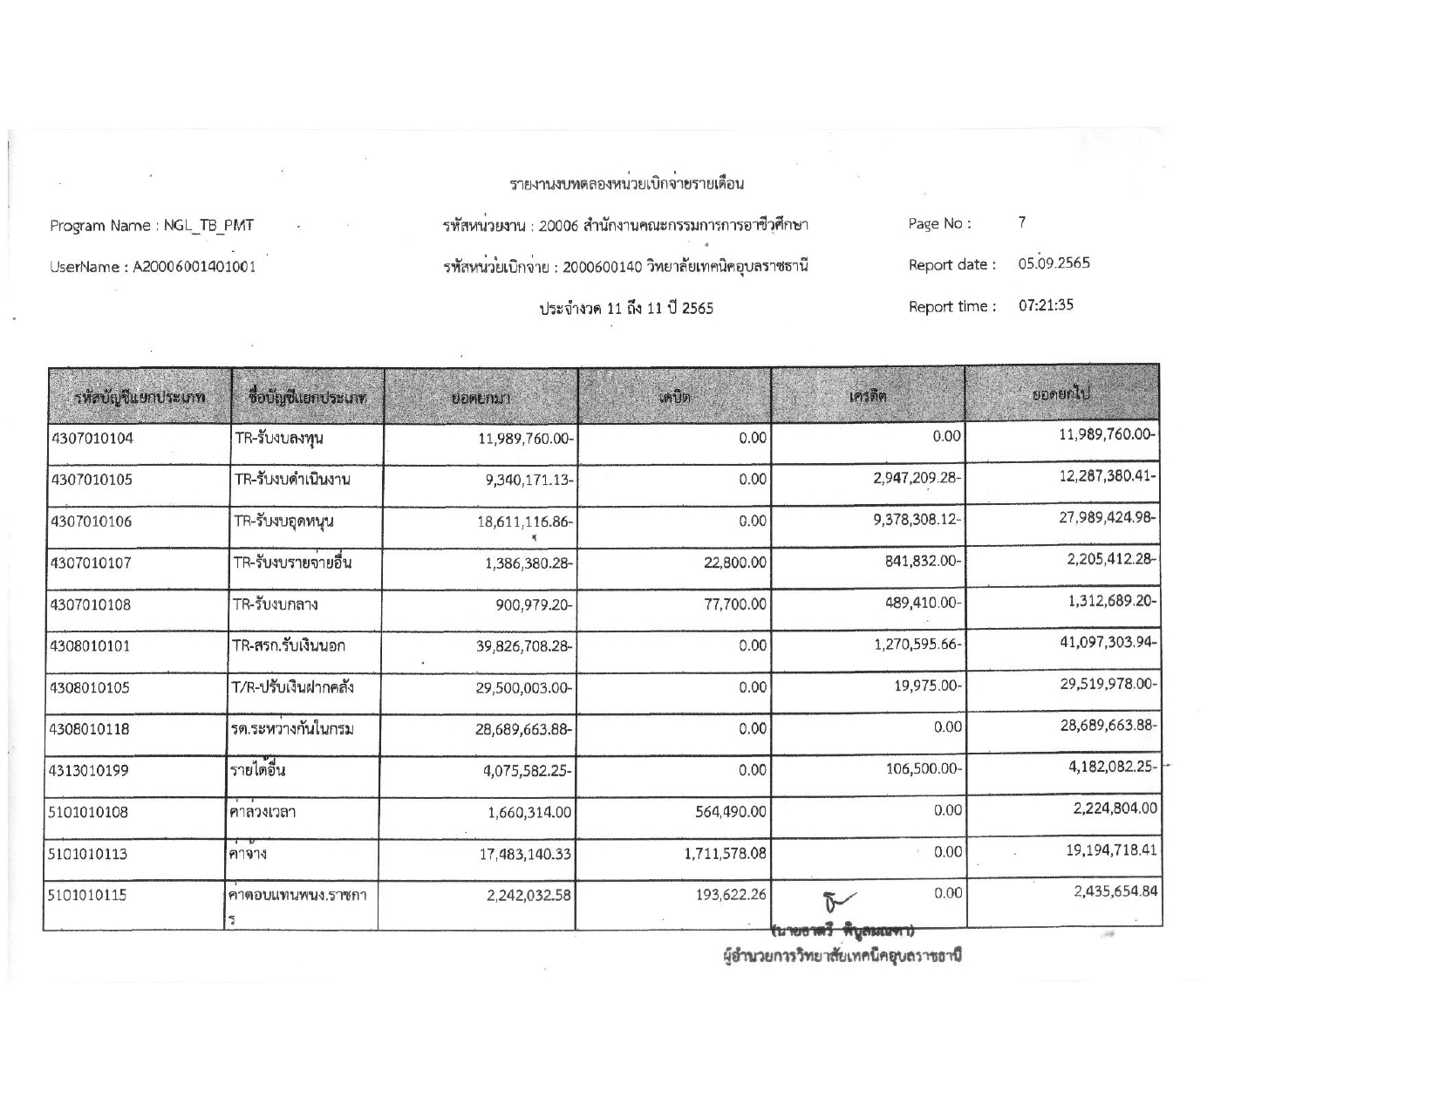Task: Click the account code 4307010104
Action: (x=92, y=439)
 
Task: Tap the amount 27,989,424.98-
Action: (x=1108, y=517)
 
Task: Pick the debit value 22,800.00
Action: (x=735, y=563)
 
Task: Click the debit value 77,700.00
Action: (x=735, y=604)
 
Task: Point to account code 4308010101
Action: (x=91, y=646)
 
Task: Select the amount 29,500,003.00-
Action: (x=523, y=688)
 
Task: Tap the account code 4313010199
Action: (x=91, y=771)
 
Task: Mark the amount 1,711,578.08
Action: (x=726, y=854)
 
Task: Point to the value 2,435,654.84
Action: (x=1113, y=890)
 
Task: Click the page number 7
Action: (x=1022, y=222)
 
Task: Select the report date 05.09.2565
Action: (x=1054, y=263)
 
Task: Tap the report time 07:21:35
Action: (x=1046, y=305)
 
